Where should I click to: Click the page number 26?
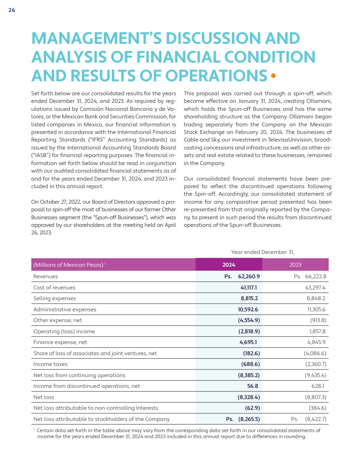(12, 10)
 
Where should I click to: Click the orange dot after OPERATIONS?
(273, 75)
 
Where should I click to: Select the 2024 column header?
(229, 265)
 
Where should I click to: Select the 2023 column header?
(295, 265)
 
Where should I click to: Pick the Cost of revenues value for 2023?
(315, 287)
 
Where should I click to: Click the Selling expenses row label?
(55, 298)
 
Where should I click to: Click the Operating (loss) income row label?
(64, 331)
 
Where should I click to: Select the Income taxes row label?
(50, 364)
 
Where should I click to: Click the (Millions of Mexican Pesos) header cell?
(68, 265)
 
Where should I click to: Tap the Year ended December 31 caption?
(262, 252)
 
